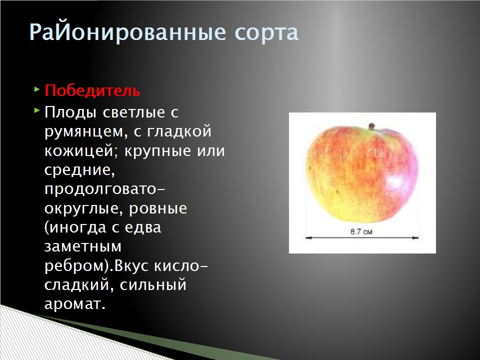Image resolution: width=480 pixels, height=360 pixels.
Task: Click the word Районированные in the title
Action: [127, 32]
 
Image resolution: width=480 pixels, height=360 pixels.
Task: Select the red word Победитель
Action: [92, 90]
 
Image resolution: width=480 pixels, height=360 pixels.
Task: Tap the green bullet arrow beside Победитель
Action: [37, 89]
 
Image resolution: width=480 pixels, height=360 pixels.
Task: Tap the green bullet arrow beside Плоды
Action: [37, 110]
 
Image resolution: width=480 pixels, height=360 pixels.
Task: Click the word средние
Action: [79, 170]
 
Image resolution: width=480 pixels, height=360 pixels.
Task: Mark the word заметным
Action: [83, 246]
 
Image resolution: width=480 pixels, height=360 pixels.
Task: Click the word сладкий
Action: [79, 285]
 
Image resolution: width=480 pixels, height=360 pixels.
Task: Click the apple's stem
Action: [371, 126]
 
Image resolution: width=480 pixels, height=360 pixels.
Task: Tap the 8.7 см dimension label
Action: [361, 231]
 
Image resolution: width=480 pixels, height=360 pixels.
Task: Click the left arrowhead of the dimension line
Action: [308, 237]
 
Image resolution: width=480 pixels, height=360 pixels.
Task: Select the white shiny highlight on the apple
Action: [395, 183]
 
